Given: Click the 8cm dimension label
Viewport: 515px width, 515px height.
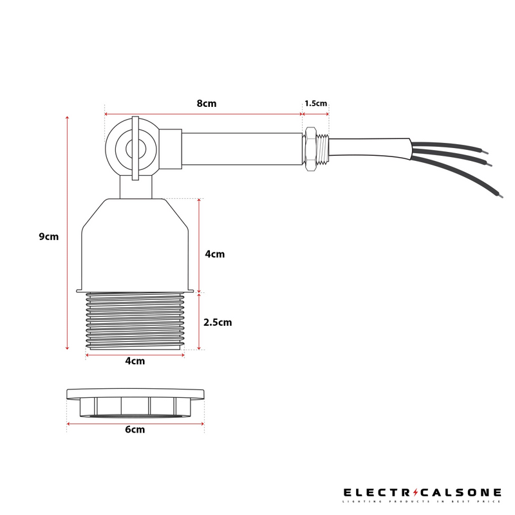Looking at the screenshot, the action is pyautogui.click(x=207, y=104).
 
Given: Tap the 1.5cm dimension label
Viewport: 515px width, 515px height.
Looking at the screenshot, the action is pyautogui.click(x=315, y=104).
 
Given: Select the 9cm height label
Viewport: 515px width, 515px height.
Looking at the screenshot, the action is pyautogui.click(x=49, y=236).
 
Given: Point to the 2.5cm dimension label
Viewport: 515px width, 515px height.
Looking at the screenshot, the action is pyautogui.click(x=218, y=323).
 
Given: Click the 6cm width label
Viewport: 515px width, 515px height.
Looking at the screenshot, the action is pyautogui.click(x=135, y=429).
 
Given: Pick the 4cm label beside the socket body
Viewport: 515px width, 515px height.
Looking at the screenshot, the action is pyautogui.click(x=215, y=254).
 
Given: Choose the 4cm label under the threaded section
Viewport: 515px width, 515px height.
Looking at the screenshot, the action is pyautogui.click(x=135, y=361).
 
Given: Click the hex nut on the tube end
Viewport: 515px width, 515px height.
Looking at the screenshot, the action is pyautogui.click(x=310, y=149).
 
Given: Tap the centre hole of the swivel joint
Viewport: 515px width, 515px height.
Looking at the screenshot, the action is pyautogui.click(x=136, y=149).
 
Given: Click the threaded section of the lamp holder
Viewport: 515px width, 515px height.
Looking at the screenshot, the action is pyautogui.click(x=135, y=321).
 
